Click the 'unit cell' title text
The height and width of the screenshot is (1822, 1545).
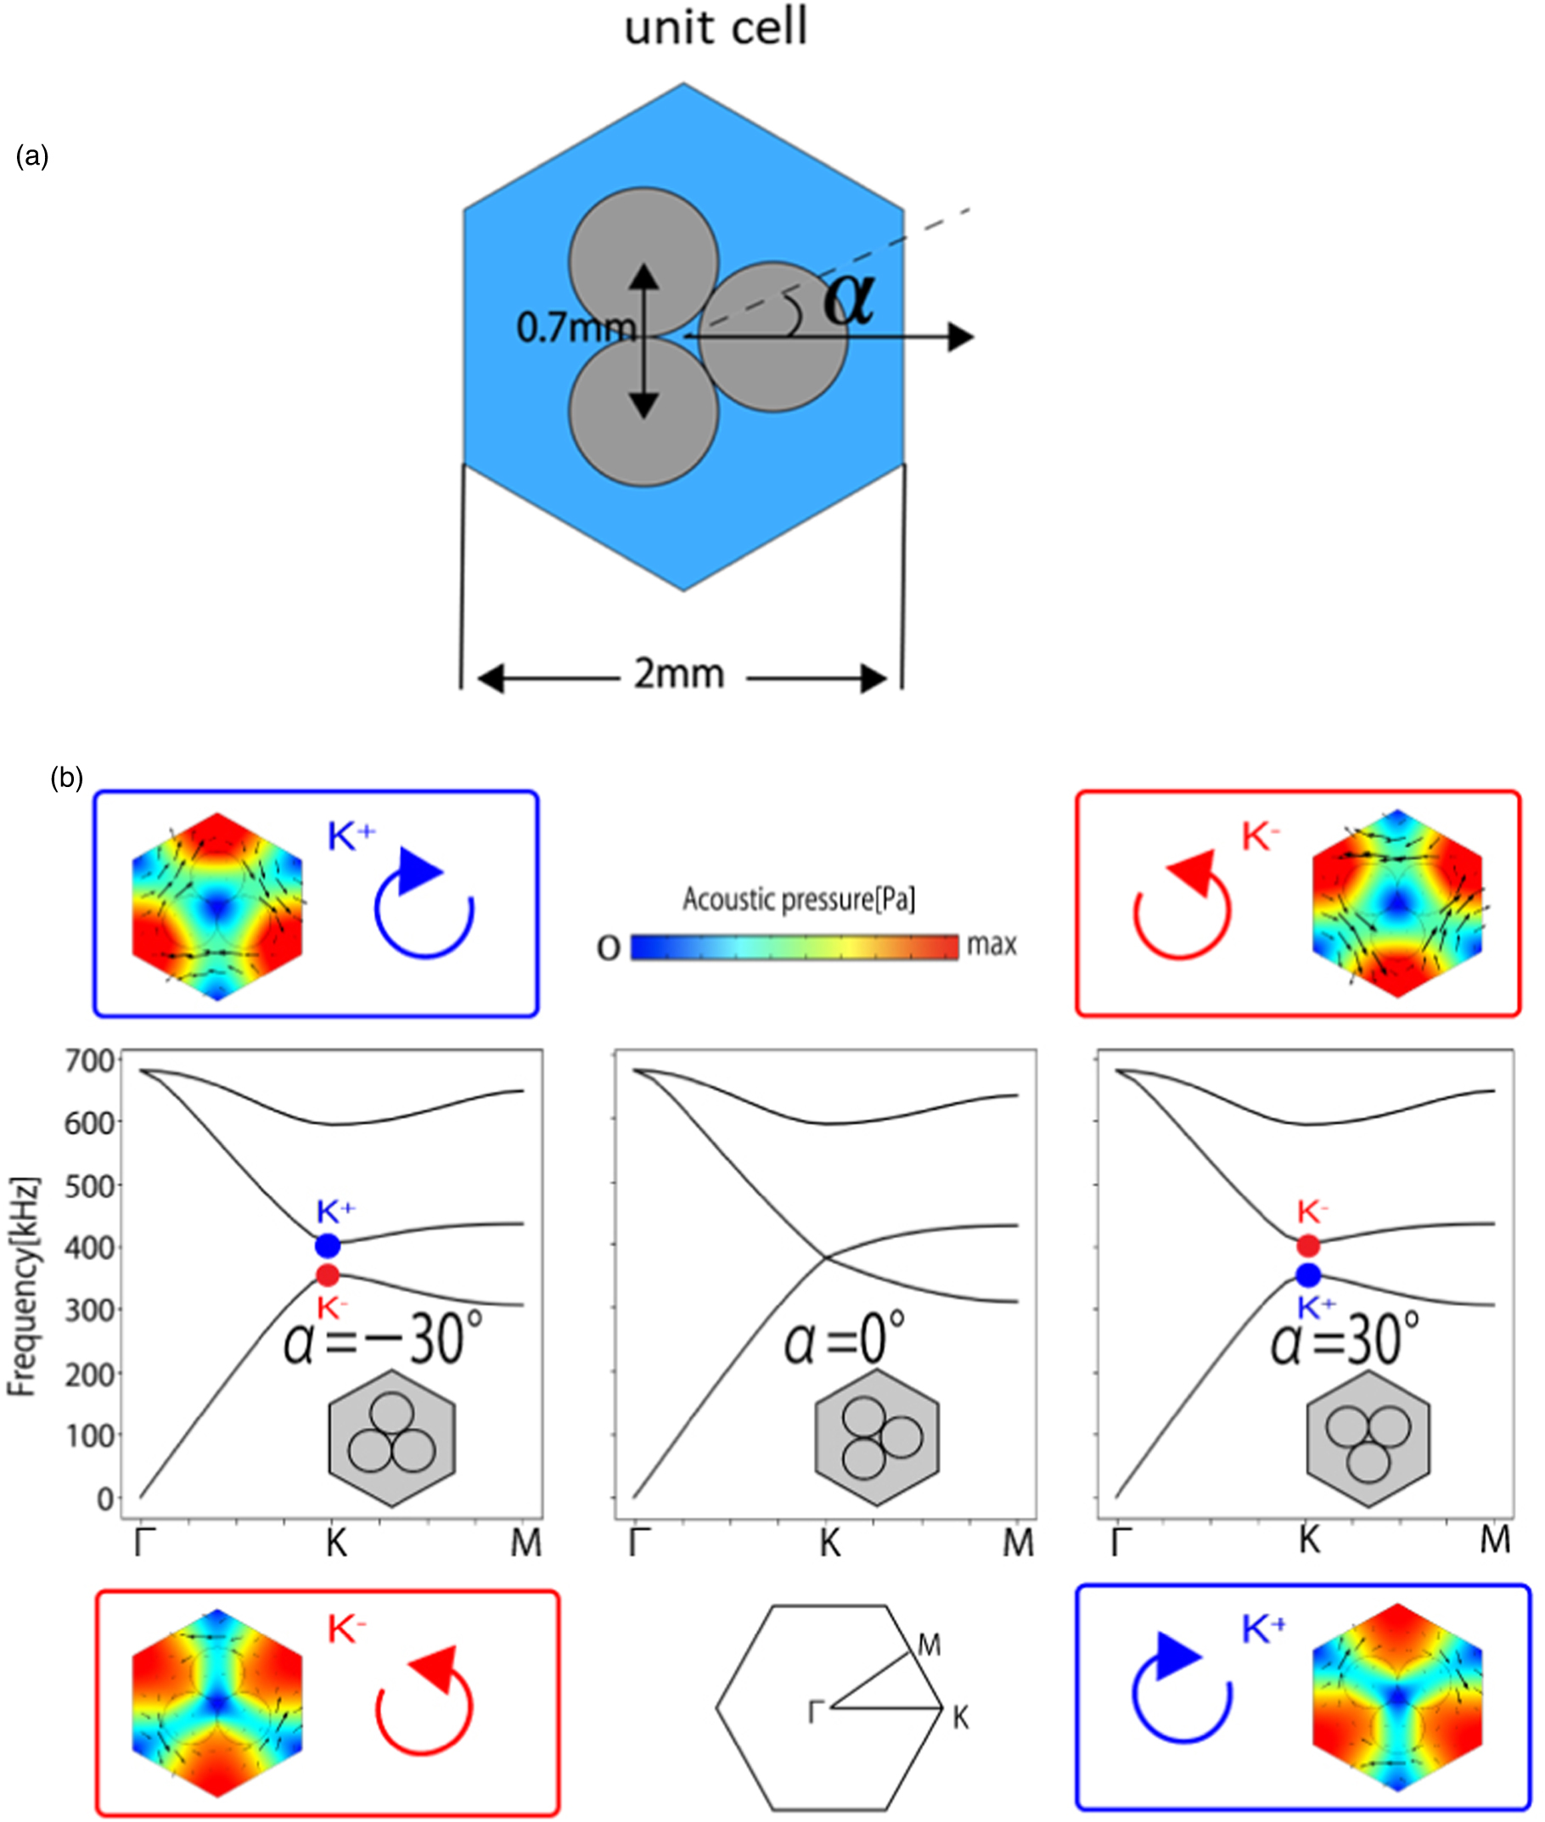pos(716,27)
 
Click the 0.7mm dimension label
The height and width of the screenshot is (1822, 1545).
pos(575,329)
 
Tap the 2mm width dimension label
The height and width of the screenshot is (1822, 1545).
pos(680,674)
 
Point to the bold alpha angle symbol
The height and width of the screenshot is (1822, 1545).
pos(848,299)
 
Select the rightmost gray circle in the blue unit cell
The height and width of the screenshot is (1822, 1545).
pos(774,338)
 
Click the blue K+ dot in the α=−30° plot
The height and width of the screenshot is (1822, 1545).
pos(328,1245)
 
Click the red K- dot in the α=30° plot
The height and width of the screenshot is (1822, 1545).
pos(1307,1245)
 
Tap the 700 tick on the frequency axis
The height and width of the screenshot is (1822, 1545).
pos(89,1061)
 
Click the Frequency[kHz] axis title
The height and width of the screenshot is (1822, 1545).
pos(23,1287)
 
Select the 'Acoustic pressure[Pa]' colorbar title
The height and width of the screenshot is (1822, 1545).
pos(799,900)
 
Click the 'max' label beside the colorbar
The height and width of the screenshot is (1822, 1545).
pos(992,944)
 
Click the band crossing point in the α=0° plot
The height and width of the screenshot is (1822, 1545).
pos(825,1257)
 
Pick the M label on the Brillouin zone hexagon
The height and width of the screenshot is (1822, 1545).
pos(930,1646)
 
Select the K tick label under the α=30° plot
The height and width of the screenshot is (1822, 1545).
pos(1309,1539)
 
